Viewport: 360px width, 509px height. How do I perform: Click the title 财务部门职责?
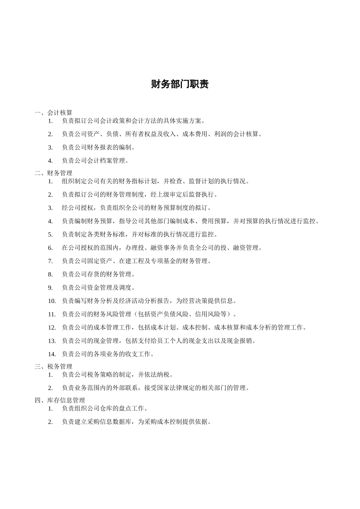click(x=180, y=84)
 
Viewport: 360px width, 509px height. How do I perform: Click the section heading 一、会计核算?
click(x=53, y=112)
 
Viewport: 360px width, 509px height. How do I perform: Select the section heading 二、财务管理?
click(x=53, y=173)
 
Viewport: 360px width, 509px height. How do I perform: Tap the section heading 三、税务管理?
click(x=53, y=367)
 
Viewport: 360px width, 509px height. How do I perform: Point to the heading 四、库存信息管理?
click(x=60, y=400)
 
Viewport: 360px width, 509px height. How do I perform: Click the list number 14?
click(x=52, y=354)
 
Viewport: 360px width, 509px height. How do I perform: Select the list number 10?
click(x=52, y=301)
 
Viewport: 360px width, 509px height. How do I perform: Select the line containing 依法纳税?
click(x=118, y=375)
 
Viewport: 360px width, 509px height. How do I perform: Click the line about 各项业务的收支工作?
click(x=108, y=354)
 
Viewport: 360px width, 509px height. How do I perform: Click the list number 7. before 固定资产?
click(x=50, y=261)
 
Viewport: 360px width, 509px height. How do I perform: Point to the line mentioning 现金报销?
click(x=159, y=341)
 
